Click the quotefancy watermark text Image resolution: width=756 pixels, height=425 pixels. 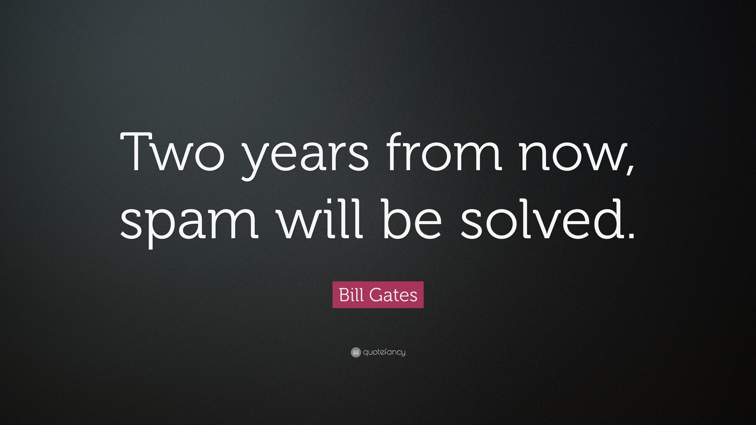coord(384,352)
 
